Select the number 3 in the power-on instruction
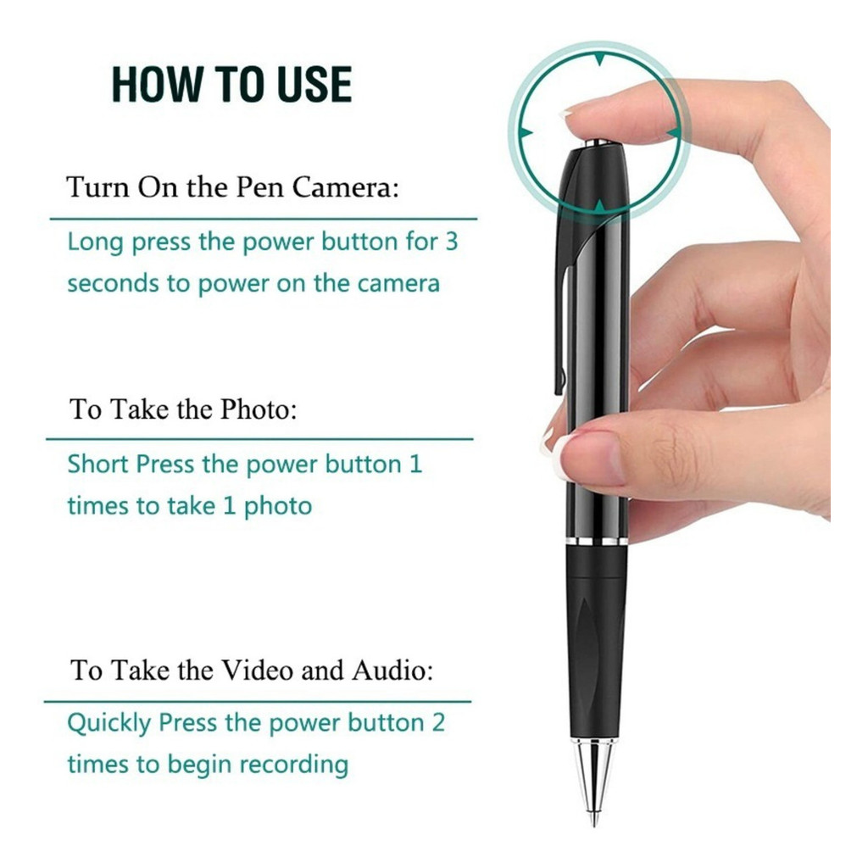click(452, 242)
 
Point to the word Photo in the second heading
click(259, 409)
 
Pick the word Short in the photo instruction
click(98, 464)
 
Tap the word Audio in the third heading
click(392, 670)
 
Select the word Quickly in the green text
click(108, 723)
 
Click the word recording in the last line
click(293, 765)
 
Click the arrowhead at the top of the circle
click(600, 59)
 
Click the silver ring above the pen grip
click(597, 541)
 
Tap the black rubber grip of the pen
click(597, 643)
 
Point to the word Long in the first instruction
click(95, 242)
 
